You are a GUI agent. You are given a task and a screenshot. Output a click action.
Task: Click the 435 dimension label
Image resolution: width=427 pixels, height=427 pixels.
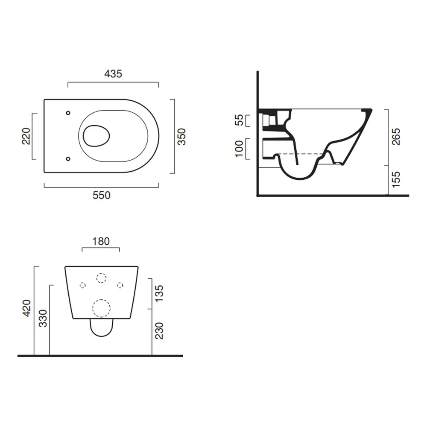point(113,74)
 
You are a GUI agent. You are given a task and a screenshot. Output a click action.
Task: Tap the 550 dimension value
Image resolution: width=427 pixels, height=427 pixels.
point(102,195)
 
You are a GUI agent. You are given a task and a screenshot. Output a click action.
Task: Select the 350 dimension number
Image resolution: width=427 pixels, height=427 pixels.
point(181,137)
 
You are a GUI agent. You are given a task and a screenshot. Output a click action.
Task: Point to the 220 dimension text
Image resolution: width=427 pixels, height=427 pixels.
point(26,136)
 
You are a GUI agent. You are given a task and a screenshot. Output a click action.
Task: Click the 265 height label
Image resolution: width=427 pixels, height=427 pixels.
point(396,137)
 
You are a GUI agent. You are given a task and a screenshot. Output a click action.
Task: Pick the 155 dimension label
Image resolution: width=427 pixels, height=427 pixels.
point(396,179)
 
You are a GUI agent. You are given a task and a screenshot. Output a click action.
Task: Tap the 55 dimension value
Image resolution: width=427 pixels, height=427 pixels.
point(239,120)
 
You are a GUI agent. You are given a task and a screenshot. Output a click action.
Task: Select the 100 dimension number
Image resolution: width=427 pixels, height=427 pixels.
point(239,149)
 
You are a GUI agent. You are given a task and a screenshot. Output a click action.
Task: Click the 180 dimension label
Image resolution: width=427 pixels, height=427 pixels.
point(101,241)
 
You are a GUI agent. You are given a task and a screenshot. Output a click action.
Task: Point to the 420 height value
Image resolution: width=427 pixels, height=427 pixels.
point(27,308)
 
